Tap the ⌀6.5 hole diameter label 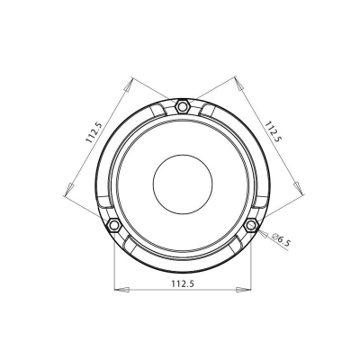tap(279, 240)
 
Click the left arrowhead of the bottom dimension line tap(118, 290)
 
